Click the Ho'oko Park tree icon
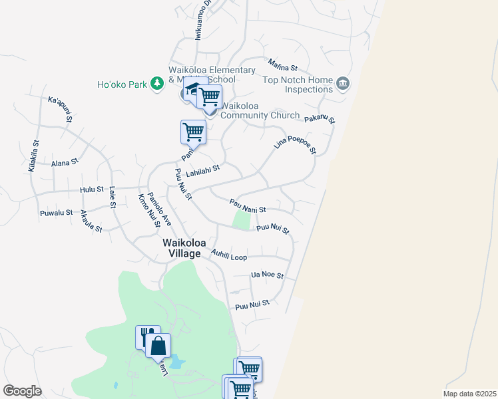(156, 84)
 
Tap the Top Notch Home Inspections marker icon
(343, 83)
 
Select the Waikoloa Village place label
(182, 248)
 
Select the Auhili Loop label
(228, 254)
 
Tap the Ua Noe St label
(267, 275)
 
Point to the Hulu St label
(92, 190)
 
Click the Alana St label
(65, 162)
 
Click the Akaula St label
(91, 221)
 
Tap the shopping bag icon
(158, 346)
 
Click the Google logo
(22, 391)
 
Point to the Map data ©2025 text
(469, 393)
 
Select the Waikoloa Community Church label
(260, 110)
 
